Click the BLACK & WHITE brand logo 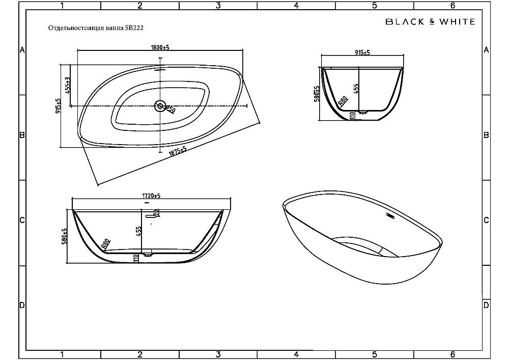point(430,21)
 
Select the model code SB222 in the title point(134,29)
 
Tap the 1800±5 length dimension point(160,47)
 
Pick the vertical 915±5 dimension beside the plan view point(59,105)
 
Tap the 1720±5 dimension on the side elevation point(151,196)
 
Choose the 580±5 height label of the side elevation point(65,235)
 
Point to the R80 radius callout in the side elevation point(106,243)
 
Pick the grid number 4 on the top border point(296,6)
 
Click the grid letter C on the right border point(486,220)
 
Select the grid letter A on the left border point(22,50)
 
